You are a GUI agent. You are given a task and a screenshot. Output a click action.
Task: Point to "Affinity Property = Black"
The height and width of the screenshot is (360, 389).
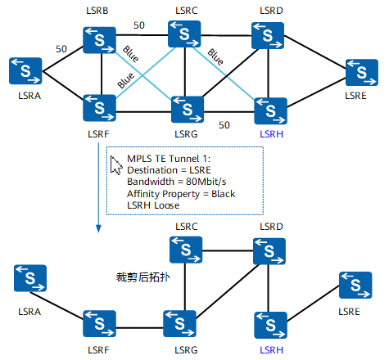(179, 193)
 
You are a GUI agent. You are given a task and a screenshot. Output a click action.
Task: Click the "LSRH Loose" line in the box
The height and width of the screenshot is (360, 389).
(155, 205)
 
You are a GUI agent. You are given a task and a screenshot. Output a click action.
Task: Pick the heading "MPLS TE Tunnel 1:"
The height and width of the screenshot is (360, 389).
(169, 156)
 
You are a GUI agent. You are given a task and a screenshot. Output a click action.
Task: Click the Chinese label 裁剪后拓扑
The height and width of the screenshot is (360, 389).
(143, 277)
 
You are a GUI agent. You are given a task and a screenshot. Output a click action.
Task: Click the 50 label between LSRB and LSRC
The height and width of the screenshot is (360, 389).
(139, 25)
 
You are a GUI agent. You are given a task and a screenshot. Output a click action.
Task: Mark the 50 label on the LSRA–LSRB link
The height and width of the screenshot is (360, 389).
(61, 49)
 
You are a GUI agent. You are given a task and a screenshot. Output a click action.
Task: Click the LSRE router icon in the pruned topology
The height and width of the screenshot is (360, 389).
(355, 286)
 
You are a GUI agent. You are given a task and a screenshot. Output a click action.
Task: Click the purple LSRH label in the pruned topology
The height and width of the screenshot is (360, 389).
(272, 350)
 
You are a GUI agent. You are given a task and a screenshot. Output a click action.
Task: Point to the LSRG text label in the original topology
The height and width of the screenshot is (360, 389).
(185, 133)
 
